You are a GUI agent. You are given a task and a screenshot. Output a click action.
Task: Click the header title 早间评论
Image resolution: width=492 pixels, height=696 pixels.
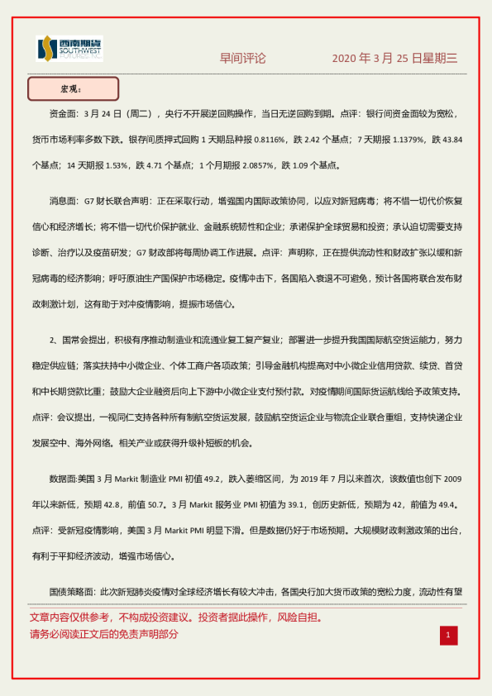[242, 58]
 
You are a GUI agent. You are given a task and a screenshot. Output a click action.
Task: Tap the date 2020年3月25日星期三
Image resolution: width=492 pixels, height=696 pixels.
[394, 58]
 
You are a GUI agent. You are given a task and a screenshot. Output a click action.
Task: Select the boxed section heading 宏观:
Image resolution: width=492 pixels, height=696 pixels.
[73, 88]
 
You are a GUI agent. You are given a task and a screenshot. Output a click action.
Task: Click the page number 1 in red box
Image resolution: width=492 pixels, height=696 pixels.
[447, 635]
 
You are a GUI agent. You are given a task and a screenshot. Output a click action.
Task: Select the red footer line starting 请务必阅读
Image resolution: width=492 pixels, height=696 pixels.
[103, 635]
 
